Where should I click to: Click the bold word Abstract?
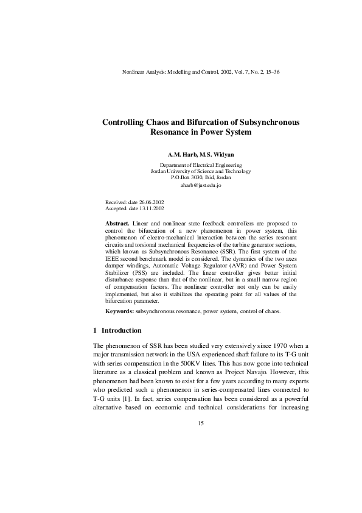(117, 224)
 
